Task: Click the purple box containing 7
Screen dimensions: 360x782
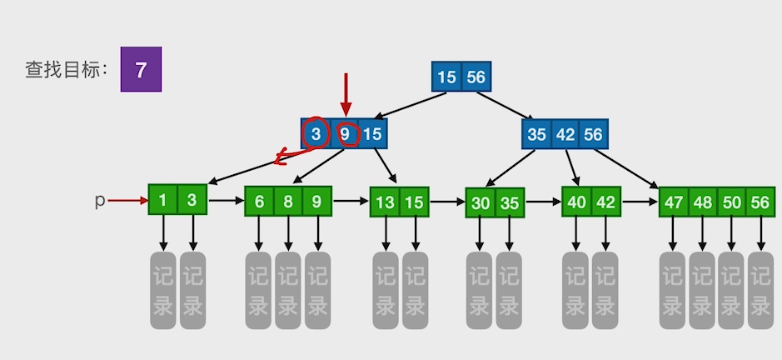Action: (141, 69)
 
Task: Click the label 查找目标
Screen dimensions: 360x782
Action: (66, 70)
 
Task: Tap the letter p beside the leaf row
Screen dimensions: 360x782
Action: (100, 201)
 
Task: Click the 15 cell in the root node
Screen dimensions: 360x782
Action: (446, 77)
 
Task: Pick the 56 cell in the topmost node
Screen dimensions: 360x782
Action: (476, 77)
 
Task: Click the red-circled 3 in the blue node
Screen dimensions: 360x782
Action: (316, 133)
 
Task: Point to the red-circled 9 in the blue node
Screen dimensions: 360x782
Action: (345, 133)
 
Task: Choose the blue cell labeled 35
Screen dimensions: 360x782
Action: (537, 134)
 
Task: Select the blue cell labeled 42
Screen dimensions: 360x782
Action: (565, 134)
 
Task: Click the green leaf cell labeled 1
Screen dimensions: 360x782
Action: (163, 200)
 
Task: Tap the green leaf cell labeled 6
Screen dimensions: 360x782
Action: (260, 201)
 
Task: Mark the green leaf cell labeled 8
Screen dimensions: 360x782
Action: (288, 201)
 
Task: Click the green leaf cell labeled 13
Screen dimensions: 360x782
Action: (385, 202)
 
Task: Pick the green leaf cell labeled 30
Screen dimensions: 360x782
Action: (481, 202)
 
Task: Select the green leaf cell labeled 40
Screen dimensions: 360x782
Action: (576, 202)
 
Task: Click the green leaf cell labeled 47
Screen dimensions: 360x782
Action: (673, 202)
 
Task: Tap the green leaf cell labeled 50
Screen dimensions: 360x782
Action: (730, 202)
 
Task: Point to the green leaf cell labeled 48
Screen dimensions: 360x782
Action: (702, 202)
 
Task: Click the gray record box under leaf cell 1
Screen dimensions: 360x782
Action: (163, 290)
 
